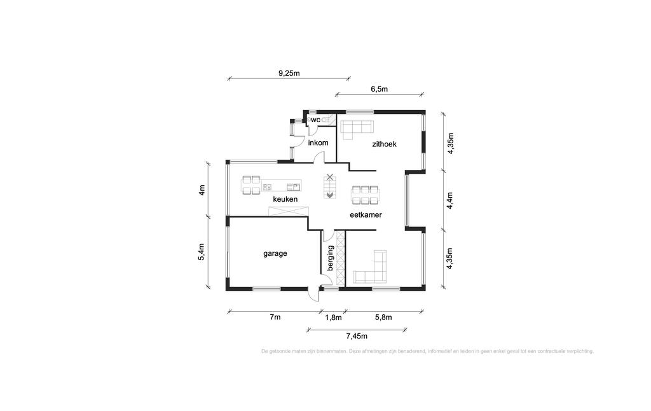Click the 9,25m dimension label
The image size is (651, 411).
pos(289,73)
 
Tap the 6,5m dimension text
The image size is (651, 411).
pos(379,89)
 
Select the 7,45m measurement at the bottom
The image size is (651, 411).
pos(357,336)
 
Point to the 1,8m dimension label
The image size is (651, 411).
pos(333,317)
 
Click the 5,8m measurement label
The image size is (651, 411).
pos(383,317)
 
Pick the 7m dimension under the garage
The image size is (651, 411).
pos(275,317)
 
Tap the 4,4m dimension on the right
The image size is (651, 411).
pos(450,200)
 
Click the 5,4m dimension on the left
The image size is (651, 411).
pos(202,252)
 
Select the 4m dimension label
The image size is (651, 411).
pos(202,190)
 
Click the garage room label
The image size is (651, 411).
pos(275,253)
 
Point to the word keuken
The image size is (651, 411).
pos(285,199)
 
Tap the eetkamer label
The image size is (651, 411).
pos(366,215)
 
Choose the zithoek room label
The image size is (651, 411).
pos(384,144)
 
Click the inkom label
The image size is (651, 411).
pos(318,143)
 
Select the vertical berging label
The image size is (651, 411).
pos(331,258)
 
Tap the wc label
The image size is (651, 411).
pos(315,120)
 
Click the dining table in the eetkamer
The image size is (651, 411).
pos(366,195)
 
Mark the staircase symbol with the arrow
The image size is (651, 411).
pos(330,186)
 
